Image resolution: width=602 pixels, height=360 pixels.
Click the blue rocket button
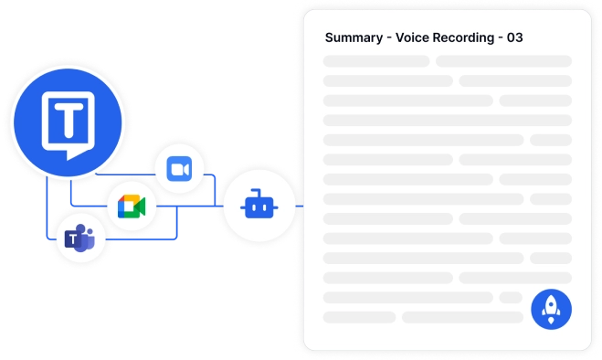[550, 309]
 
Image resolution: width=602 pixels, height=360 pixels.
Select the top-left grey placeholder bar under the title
[376, 61]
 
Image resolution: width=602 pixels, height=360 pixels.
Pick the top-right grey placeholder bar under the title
[503, 61]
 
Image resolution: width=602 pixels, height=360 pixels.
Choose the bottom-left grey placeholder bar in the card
[360, 317]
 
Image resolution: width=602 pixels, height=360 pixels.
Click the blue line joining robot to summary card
[299, 206]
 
